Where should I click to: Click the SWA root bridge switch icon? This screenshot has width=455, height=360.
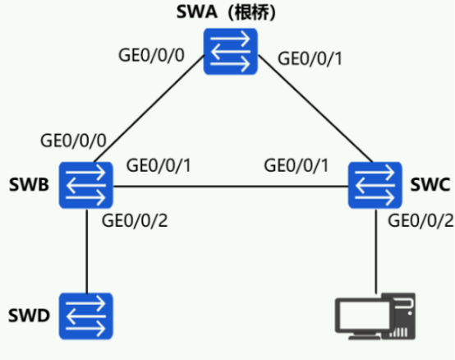click(x=231, y=52)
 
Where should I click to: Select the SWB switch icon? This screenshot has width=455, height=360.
click(x=86, y=185)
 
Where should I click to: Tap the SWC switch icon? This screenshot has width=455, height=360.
click(x=375, y=185)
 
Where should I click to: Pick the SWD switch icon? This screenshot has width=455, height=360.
click(x=86, y=316)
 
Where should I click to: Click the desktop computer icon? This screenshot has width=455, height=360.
click(x=375, y=316)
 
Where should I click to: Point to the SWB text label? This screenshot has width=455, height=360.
click(x=29, y=185)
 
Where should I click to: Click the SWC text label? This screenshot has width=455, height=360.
click(x=430, y=184)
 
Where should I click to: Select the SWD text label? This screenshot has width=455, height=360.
click(x=29, y=316)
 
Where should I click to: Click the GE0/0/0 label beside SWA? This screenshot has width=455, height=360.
click(x=151, y=55)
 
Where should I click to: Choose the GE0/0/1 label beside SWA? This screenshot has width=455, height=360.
click(x=310, y=58)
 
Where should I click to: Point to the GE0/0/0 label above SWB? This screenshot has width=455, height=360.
click(x=73, y=141)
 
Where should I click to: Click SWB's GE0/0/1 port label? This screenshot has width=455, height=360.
click(x=159, y=165)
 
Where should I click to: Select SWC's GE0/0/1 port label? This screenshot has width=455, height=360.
click(x=296, y=165)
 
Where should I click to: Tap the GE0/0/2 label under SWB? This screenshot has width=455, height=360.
click(x=135, y=220)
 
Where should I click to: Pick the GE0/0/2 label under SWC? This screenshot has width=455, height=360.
click(x=421, y=220)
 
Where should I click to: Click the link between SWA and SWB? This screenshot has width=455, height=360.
click(x=149, y=108)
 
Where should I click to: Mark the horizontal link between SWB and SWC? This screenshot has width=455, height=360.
click(x=231, y=187)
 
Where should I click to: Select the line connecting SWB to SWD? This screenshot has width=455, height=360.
click(x=86, y=251)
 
